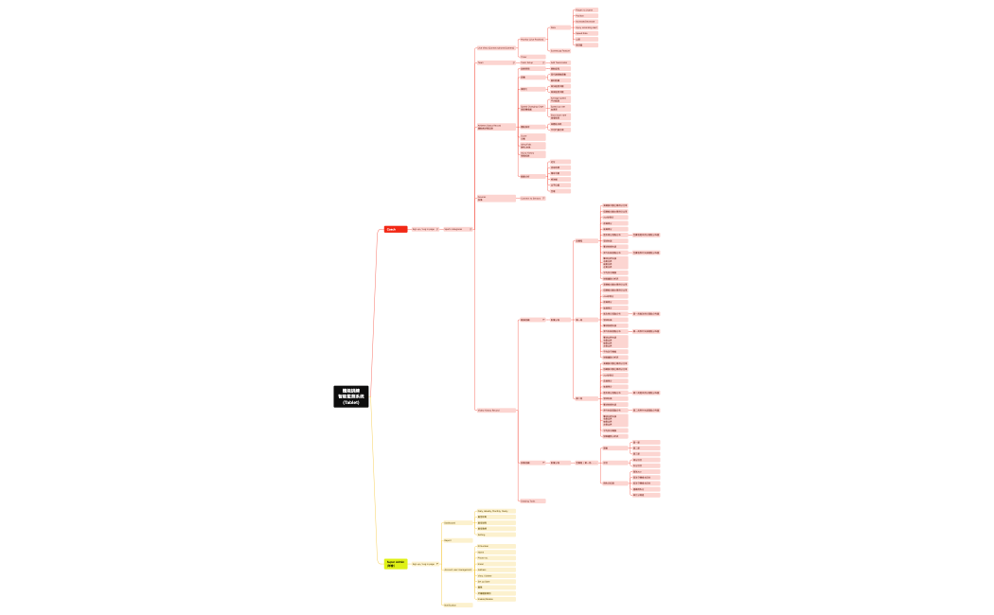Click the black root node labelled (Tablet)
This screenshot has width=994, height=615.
[350, 396]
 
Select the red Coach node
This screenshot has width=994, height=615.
[395, 229]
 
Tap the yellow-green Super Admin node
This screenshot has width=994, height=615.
[396, 564]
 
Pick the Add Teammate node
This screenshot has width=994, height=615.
[559, 62]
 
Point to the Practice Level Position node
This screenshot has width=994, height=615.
[532, 40]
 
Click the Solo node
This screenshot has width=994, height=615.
[555, 27]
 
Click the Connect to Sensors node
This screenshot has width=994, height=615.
[531, 199]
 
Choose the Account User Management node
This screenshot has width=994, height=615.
[458, 570]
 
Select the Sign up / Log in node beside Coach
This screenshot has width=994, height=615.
[424, 229]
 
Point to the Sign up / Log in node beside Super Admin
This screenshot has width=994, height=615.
[424, 564]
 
